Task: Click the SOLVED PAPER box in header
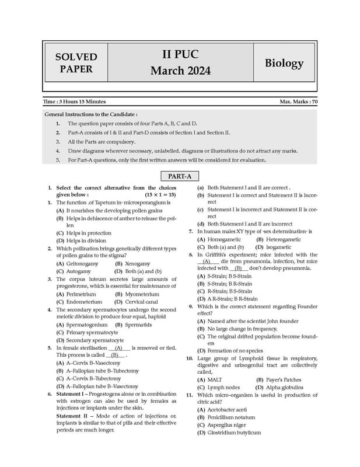pos(76,63)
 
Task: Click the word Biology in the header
pos(284,63)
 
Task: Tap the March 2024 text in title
pos(180,71)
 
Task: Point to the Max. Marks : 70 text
pos(299,102)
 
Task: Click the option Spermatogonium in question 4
pos(82,325)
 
